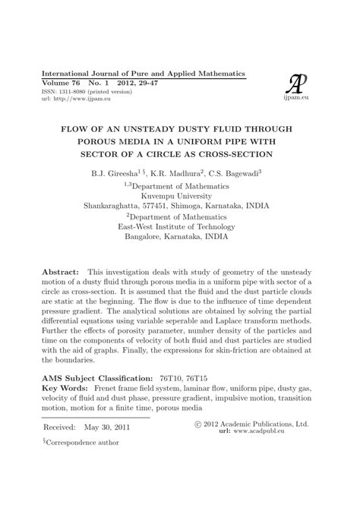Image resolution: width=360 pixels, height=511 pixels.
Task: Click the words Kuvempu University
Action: point(179,194)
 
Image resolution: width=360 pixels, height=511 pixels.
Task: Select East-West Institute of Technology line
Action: point(179,226)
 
